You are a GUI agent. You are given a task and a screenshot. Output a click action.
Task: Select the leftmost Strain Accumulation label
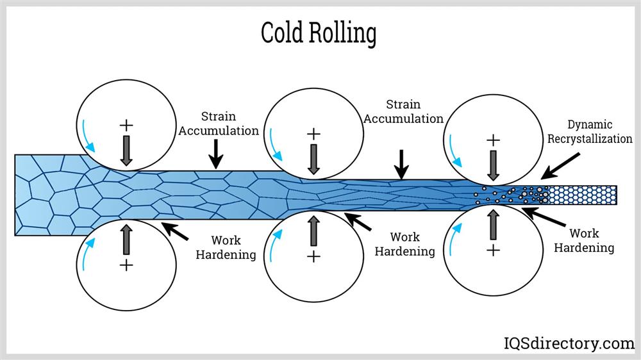pyautogui.click(x=219, y=124)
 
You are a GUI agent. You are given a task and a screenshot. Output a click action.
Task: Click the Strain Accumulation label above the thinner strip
pyautogui.click(x=403, y=111)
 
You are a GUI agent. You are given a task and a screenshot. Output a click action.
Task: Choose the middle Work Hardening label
pyautogui.click(x=404, y=244)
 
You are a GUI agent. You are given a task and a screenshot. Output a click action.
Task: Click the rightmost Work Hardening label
pyautogui.click(x=584, y=240)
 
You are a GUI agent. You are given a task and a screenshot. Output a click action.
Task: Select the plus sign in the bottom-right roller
pyautogui.click(x=493, y=250)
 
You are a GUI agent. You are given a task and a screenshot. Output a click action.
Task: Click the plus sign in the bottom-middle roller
pyautogui.click(x=313, y=256)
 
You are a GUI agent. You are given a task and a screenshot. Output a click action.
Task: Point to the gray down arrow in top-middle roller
pyautogui.click(x=313, y=158)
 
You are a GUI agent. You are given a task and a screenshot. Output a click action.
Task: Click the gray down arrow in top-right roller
pyautogui.click(x=493, y=164)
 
